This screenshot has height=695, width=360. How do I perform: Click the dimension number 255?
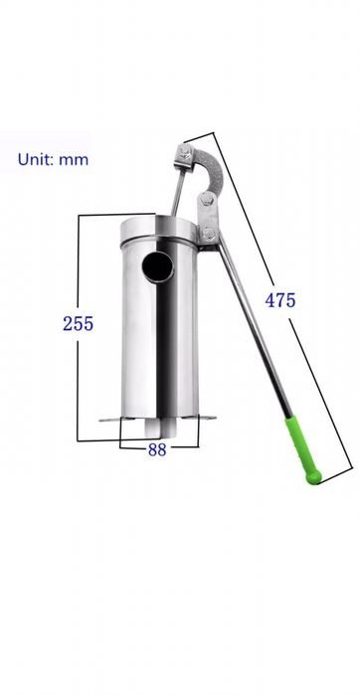78,323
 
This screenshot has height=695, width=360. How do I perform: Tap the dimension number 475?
280,300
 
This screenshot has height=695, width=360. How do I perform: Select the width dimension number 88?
157,449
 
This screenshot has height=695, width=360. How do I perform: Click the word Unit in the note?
35,159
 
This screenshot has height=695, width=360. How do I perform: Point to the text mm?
74,160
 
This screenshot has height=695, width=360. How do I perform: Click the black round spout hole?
157,266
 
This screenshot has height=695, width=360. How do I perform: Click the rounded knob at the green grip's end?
313,477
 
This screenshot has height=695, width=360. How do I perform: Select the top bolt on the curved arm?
184,154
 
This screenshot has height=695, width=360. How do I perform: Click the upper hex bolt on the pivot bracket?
205,200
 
